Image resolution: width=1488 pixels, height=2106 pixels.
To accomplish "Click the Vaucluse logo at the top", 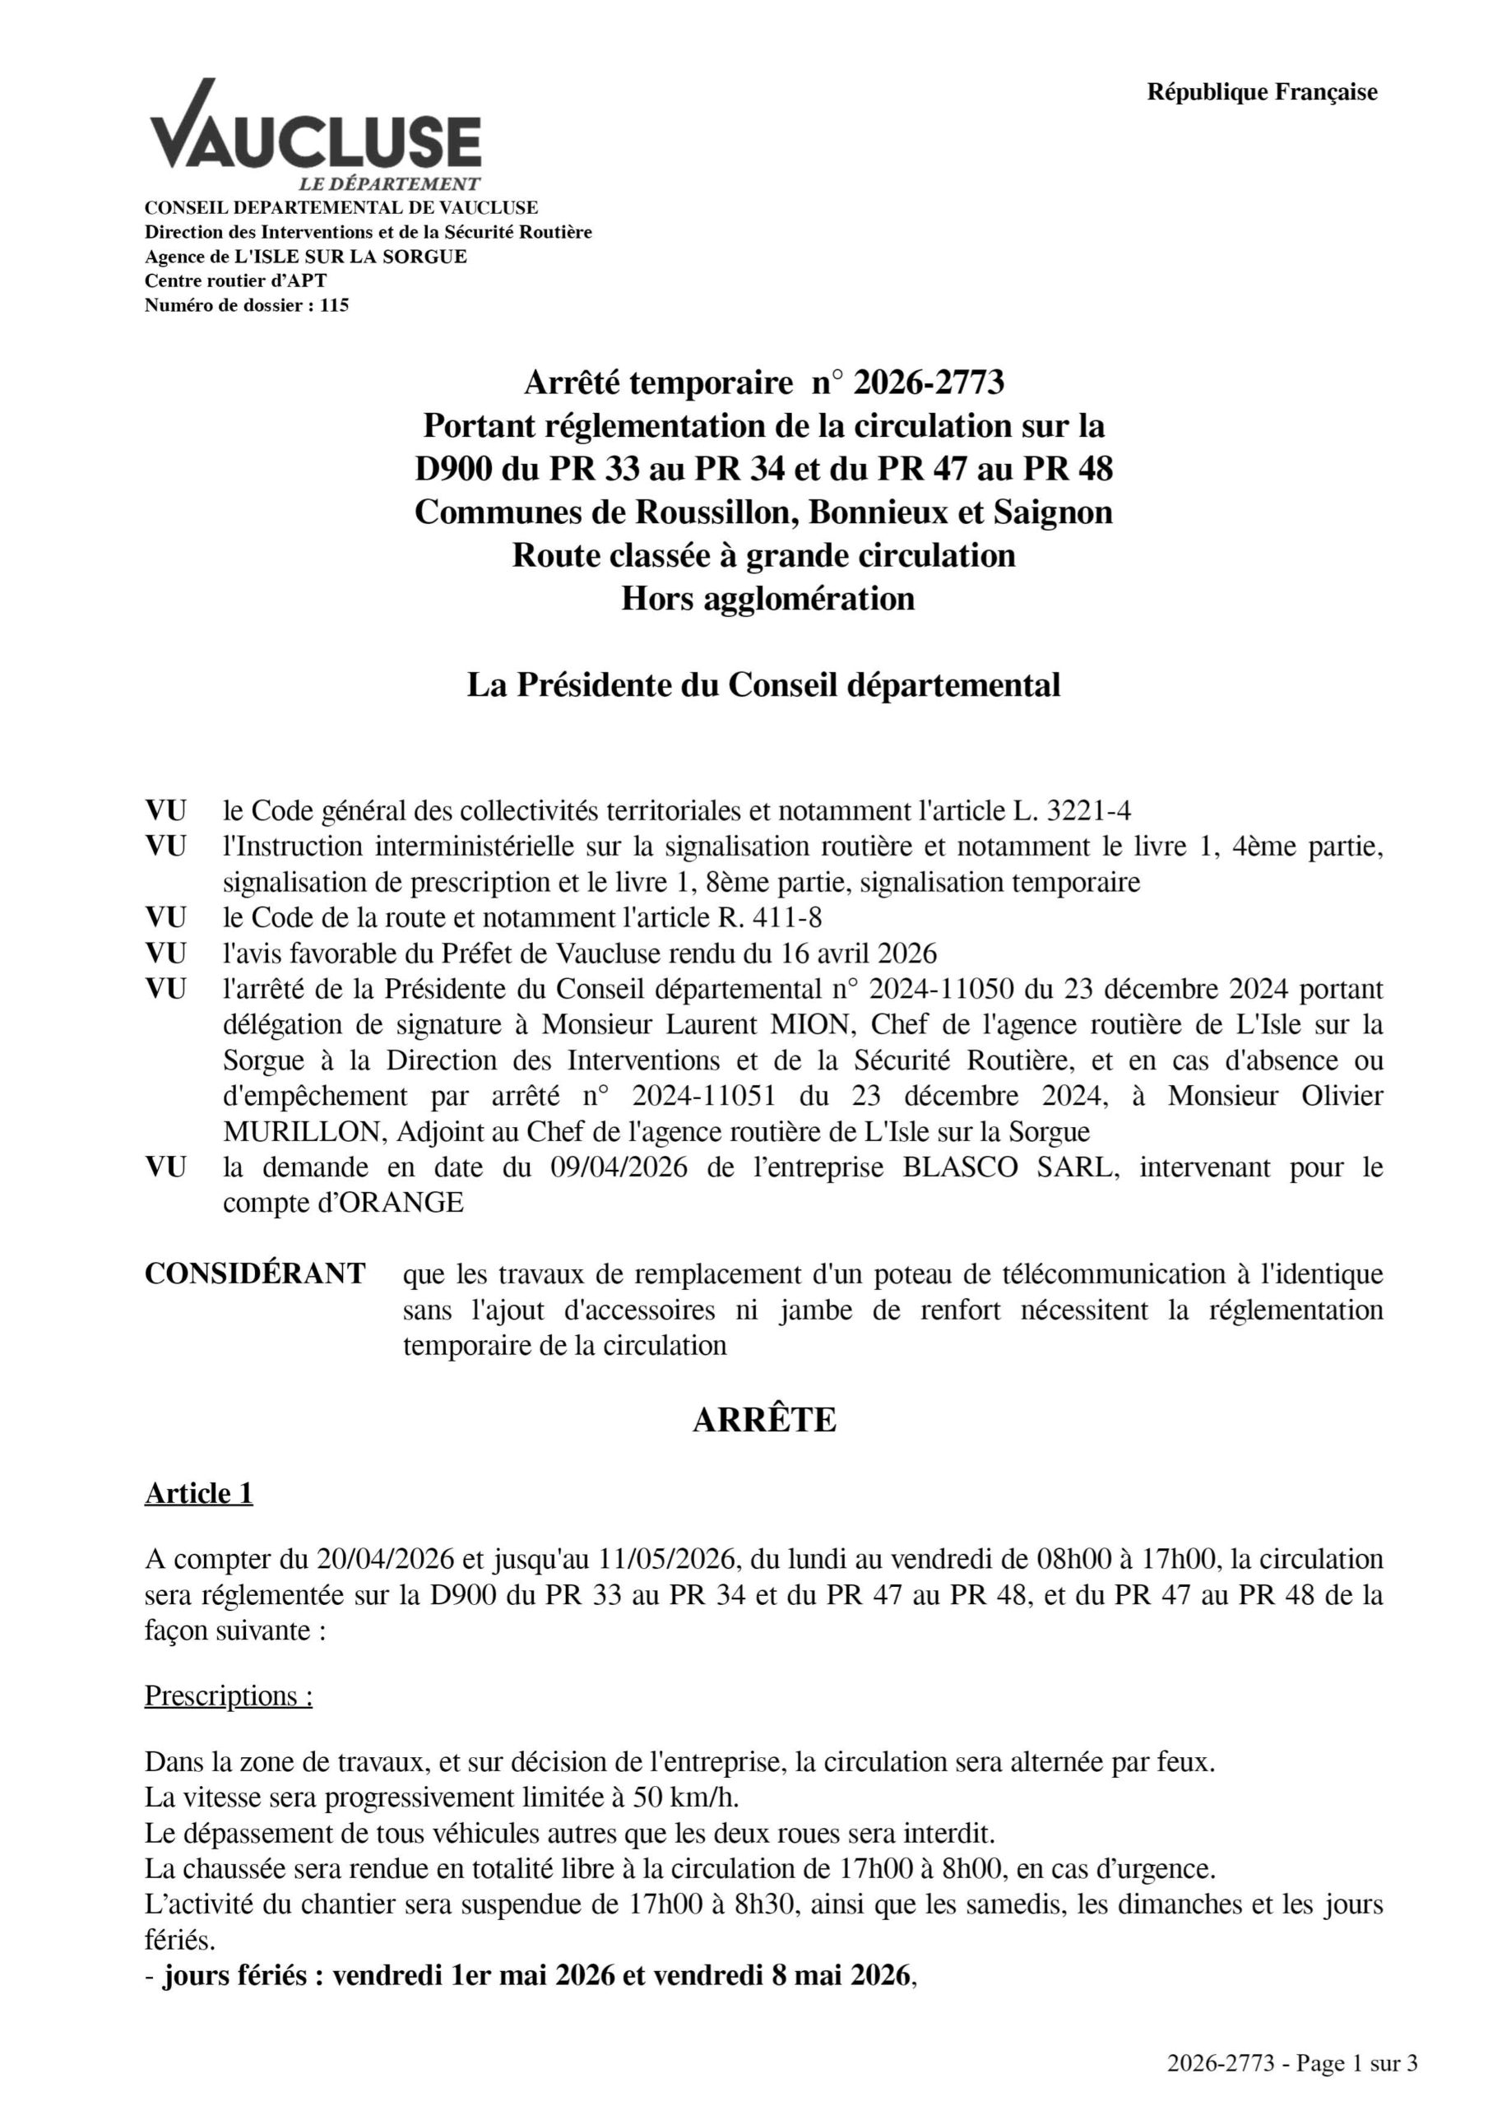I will click(315, 134).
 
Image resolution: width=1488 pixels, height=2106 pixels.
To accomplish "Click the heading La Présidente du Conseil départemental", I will click(763, 685).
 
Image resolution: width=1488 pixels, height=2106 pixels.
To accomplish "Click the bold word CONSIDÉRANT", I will click(255, 1274).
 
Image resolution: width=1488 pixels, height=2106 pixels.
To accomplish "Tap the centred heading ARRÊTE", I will click(763, 1420).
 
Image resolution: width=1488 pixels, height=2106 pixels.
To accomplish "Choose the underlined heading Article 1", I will click(198, 1493).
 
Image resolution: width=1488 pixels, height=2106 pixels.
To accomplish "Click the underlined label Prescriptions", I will click(229, 1696).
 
